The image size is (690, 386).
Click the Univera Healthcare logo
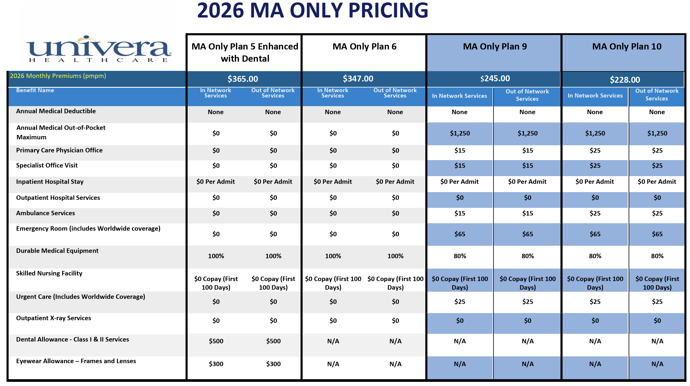(99, 49)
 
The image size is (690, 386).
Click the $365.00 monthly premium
(243, 79)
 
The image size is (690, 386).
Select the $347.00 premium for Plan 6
(358, 79)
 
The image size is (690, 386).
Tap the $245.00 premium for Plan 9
(495, 78)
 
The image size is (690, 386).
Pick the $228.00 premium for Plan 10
(625, 79)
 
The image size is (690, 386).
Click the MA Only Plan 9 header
(495, 47)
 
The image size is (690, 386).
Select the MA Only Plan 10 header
(627, 47)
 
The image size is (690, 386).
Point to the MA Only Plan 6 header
(364, 47)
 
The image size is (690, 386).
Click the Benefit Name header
(35, 90)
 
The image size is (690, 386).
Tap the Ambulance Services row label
(45, 213)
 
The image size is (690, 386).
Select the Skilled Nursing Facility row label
(49, 273)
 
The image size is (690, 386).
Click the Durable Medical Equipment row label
(57, 251)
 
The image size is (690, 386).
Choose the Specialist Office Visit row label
(47, 165)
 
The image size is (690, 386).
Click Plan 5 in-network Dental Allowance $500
(216, 341)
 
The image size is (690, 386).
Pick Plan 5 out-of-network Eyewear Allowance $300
(273, 364)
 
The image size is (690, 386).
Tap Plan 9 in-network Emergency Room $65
(460, 234)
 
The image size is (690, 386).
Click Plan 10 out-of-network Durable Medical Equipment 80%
(657, 256)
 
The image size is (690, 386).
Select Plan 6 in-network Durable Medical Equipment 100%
(333, 256)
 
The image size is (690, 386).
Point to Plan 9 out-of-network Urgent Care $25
(528, 302)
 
